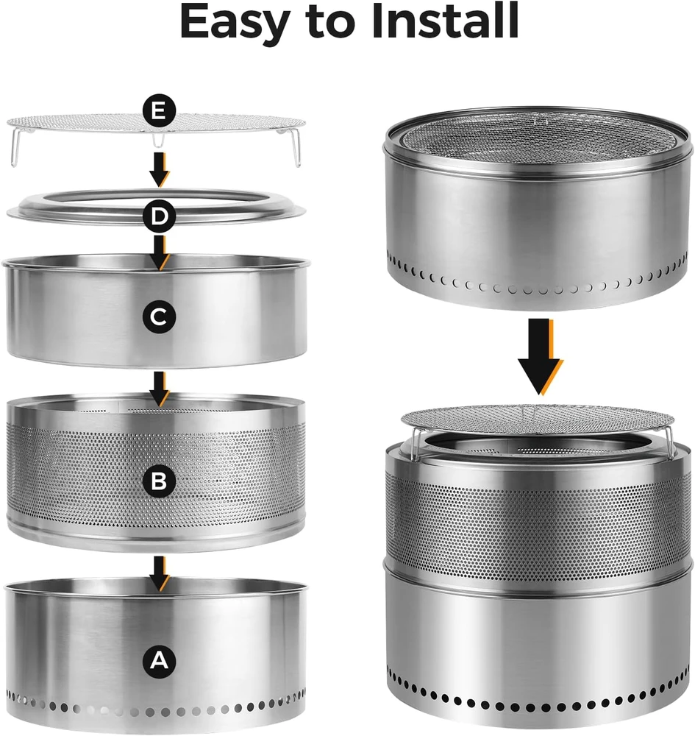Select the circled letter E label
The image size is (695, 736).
[x=159, y=112]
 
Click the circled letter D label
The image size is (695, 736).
[x=160, y=216]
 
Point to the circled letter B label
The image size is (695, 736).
[x=159, y=481]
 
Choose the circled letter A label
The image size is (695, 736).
[x=159, y=661]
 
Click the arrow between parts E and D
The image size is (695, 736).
[x=160, y=169]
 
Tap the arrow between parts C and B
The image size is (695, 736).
[x=160, y=389]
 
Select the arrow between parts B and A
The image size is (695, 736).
[x=160, y=573]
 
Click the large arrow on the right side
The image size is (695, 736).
[x=541, y=357]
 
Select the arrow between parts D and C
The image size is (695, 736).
[x=160, y=253]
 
